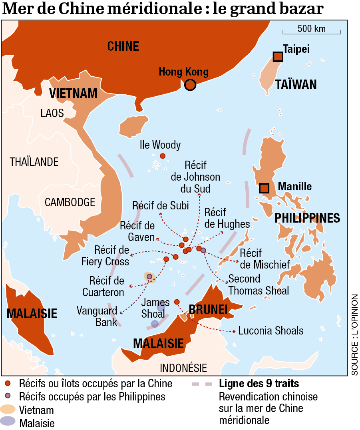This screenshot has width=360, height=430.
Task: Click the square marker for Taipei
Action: pos(278,57)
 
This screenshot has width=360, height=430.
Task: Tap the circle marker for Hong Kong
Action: pos(190,85)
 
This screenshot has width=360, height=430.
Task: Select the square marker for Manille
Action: pos(264,188)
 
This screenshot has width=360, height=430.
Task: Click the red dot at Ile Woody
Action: pos(163,156)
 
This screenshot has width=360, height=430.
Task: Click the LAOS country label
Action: pos(52,113)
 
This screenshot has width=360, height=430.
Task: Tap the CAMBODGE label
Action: pos(70,202)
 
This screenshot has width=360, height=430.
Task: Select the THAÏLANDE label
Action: pos(34,162)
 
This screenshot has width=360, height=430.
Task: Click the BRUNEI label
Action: pos(208,309)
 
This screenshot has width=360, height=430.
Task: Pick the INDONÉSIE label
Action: pos(183,368)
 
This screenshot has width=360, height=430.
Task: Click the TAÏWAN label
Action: pos(296,84)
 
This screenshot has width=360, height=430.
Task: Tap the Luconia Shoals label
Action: pos(271,331)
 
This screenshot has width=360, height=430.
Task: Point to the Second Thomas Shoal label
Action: pos(259,285)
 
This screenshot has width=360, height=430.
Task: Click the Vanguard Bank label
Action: pos(97,316)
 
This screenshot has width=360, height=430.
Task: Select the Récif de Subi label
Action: pos(161,205)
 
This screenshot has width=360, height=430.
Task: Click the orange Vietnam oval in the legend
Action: pos(8,410)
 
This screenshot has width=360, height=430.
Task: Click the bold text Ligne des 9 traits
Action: pos(259,384)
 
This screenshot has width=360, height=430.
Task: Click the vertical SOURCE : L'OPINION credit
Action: pos(354,335)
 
